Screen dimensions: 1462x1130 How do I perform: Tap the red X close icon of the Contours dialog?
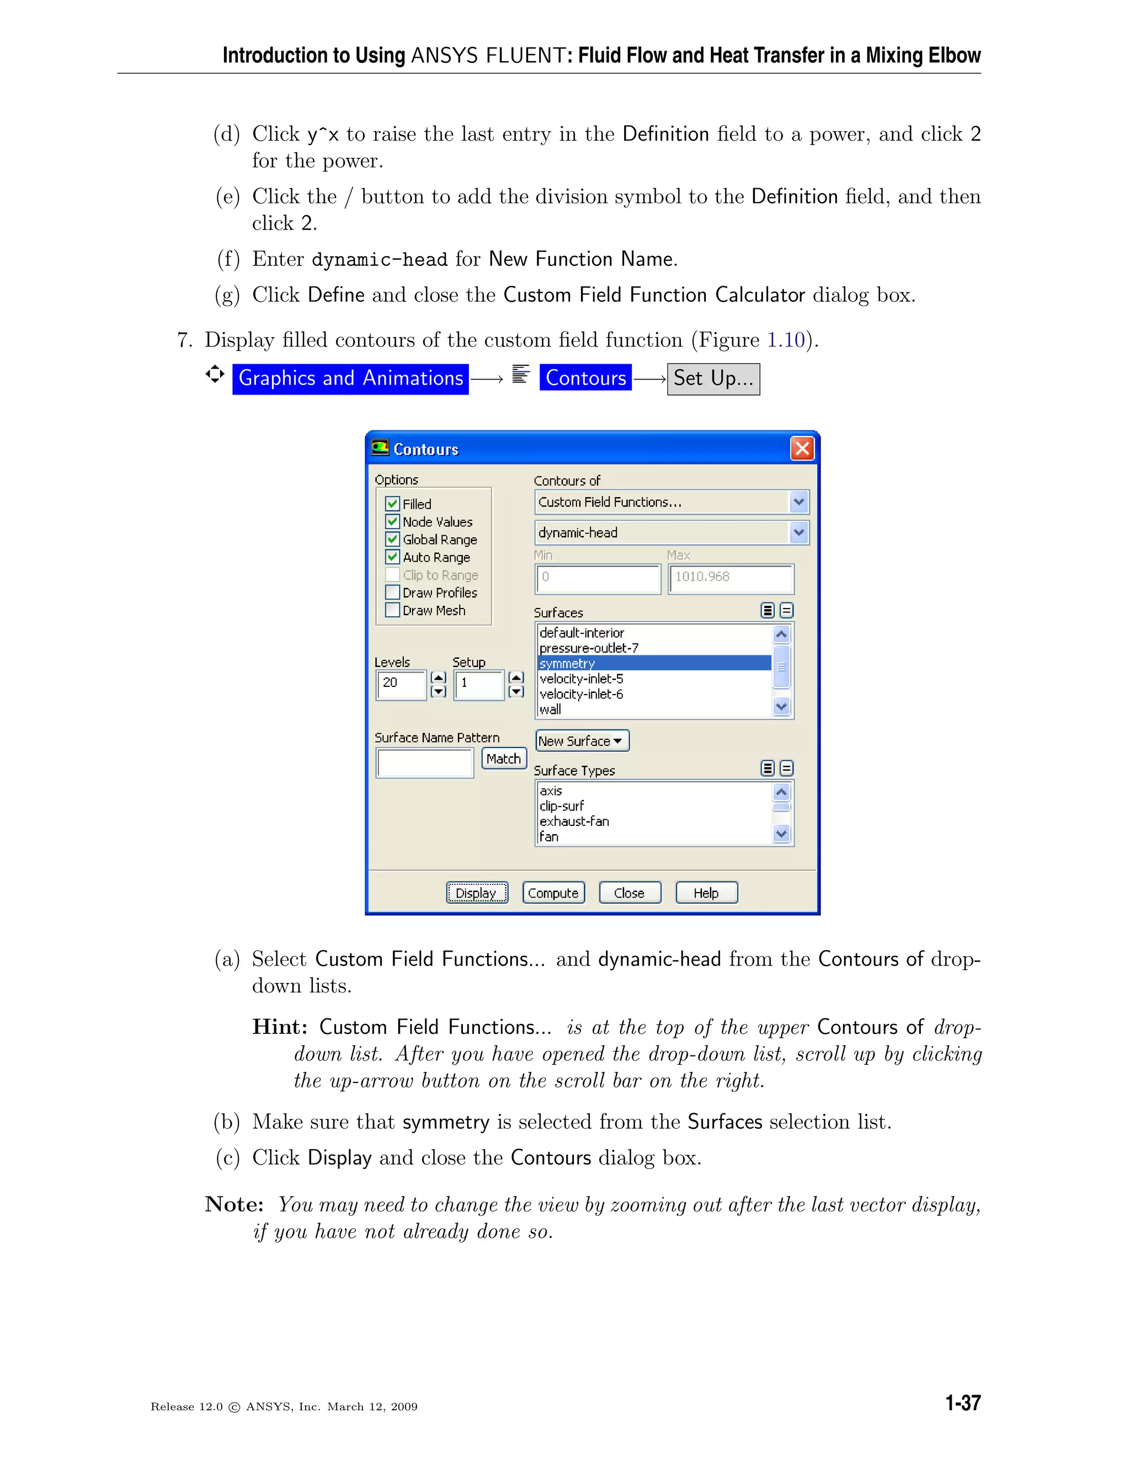pyautogui.click(x=802, y=449)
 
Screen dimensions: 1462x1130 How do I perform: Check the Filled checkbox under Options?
pyautogui.click(x=393, y=503)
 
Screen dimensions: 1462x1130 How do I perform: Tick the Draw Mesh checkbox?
pyautogui.click(x=393, y=610)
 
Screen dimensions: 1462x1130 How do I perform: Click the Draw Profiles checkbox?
pyautogui.click(x=393, y=593)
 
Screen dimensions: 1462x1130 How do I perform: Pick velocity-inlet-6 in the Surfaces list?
pyautogui.click(x=581, y=694)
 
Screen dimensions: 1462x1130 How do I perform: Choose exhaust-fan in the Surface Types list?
pyautogui.click(x=574, y=821)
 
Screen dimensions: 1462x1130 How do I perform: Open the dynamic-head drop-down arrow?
pyautogui.click(x=798, y=533)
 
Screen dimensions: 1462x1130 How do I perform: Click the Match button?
pyautogui.click(x=503, y=759)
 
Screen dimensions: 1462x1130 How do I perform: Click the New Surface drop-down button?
pyautogui.click(x=582, y=741)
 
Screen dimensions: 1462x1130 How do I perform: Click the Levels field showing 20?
pyautogui.click(x=401, y=684)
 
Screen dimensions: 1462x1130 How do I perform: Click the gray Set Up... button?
pyautogui.click(x=713, y=379)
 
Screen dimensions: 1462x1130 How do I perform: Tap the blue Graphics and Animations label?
pyautogui.click(x=350, y=379)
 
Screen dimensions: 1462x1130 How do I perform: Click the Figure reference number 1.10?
pyautogui.click(x=785, y=340)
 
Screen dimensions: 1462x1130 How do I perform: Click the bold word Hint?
pyautogui.click(x=279, y=1027)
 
